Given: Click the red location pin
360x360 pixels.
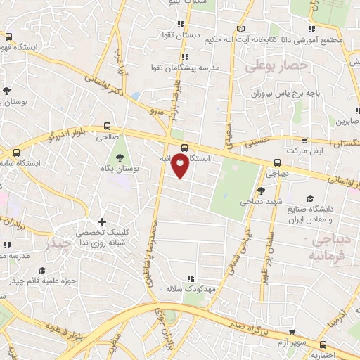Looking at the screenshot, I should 181,166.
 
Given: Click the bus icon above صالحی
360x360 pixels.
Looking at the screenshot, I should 106,127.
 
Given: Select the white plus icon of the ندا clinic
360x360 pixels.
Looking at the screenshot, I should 103,222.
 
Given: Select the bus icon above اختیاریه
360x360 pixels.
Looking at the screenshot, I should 323,345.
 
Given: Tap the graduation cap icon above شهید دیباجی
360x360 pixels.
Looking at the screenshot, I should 261,190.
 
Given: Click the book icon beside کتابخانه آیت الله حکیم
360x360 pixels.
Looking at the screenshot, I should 242,29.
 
